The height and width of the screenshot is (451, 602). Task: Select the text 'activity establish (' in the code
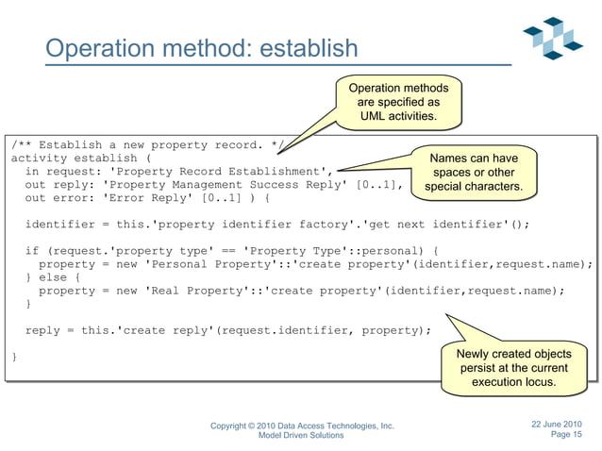(x=80, y=158)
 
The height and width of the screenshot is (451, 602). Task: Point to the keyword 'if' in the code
(x=31, y=251)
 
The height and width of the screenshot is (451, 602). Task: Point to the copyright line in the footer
(x=302, y=427)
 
